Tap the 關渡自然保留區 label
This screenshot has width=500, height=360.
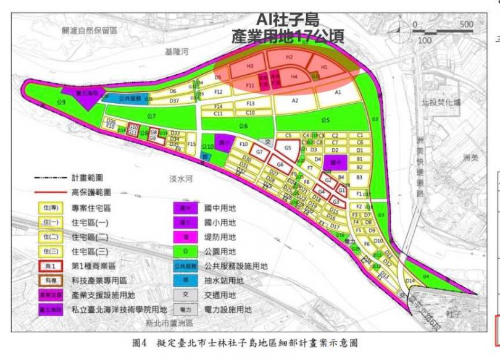tap(90, 30)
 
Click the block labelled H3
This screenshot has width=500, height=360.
tap(250, 66)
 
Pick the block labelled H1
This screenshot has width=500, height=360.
tap(323, 67)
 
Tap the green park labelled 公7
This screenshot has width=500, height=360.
tap(152, 115)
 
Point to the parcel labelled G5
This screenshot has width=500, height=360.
tap(287, 148)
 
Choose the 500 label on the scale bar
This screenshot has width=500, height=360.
tap(467, 24)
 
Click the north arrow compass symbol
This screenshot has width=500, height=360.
tap(402, 27)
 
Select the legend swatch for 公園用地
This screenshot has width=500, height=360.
tap(185, 251)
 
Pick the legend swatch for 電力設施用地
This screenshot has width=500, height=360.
tap(185, 309)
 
